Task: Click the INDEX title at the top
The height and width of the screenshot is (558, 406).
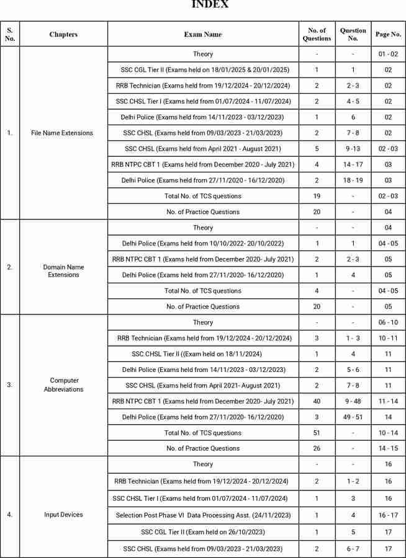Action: pos(210,5)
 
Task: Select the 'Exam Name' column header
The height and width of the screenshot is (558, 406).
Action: pos(202,34)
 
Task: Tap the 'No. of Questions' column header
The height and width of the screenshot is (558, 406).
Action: pos(317,34)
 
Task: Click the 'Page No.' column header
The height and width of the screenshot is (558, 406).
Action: pos(388,34)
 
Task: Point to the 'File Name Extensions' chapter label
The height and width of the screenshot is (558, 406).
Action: pos(62,133)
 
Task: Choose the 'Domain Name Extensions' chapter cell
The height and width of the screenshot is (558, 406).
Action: pos(62,270)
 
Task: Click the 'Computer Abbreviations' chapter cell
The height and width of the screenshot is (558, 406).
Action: pos(62,385)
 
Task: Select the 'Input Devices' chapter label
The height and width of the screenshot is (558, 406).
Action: pos(63,515)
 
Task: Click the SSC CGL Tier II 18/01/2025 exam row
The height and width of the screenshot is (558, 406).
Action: pos(202,69)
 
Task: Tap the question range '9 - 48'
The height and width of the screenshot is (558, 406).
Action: pos(353,401)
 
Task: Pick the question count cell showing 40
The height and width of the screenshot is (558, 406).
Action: pos(317,401)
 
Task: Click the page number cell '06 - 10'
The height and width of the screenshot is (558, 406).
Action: pos(388,322)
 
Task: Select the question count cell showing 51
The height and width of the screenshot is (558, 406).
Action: pos(317,433)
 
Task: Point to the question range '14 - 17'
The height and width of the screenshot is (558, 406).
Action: pos(353,164)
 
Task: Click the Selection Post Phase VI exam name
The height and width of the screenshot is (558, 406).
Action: pos(202,515)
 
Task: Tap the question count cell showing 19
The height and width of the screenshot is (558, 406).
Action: pos(317,196)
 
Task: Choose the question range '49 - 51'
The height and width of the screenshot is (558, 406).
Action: pos(353,417)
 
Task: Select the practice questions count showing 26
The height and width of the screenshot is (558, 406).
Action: pos(317,448)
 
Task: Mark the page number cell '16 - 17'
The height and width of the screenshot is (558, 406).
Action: pos(388,515)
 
